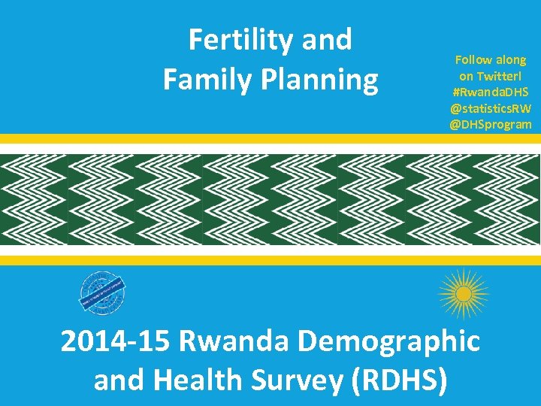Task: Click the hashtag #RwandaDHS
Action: (491, 92)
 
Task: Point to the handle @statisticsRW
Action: (491, 108)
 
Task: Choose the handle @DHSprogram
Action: (491, 124)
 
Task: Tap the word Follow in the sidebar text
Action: (473, 59)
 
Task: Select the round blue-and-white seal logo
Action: (103, 292)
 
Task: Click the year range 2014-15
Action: (116, 342)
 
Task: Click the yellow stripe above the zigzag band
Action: (270, 138)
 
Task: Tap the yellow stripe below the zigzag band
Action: (270, 260)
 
